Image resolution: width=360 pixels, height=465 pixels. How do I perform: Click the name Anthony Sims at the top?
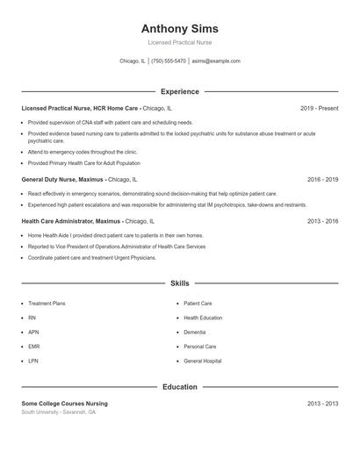click(x=179, y=28)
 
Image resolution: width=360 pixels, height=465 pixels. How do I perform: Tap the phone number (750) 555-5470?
click(x=169, y=61)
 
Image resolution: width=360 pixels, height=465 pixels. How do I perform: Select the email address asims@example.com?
click(x=215, y=61)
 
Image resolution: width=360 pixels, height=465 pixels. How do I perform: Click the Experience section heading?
click(x=179, y=91)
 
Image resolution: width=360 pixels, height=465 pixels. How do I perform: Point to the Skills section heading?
click(x=179, y=283)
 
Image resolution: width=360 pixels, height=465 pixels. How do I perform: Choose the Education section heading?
click(x=179, y=387)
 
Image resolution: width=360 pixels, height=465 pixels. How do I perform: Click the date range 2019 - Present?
click(x=319, y=108)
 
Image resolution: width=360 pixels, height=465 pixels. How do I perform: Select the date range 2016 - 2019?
click(x=322, y=179)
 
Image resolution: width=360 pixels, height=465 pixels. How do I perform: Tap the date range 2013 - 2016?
click(x=322, y=222)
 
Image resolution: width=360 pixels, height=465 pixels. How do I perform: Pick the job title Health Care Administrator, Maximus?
click(x=71, y=222)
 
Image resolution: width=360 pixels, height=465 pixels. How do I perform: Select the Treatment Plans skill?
click(x=47, y=304)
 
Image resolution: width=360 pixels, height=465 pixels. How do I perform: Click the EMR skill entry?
click(x=33, y=347)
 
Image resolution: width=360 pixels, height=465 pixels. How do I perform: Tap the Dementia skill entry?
click(x=194, y=333)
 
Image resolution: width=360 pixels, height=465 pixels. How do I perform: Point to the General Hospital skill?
click(x=202, y=361)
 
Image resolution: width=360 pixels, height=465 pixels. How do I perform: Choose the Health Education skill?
click(x=203, y=318)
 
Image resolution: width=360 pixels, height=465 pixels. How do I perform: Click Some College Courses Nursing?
click(x=64, y=404)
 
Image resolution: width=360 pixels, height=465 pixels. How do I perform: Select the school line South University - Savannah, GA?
click(x=59, y=411)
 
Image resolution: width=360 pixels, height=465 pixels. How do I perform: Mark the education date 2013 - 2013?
click(x=322, y=404)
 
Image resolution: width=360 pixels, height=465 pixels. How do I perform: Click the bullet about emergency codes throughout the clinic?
click(x=82, y=152)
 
